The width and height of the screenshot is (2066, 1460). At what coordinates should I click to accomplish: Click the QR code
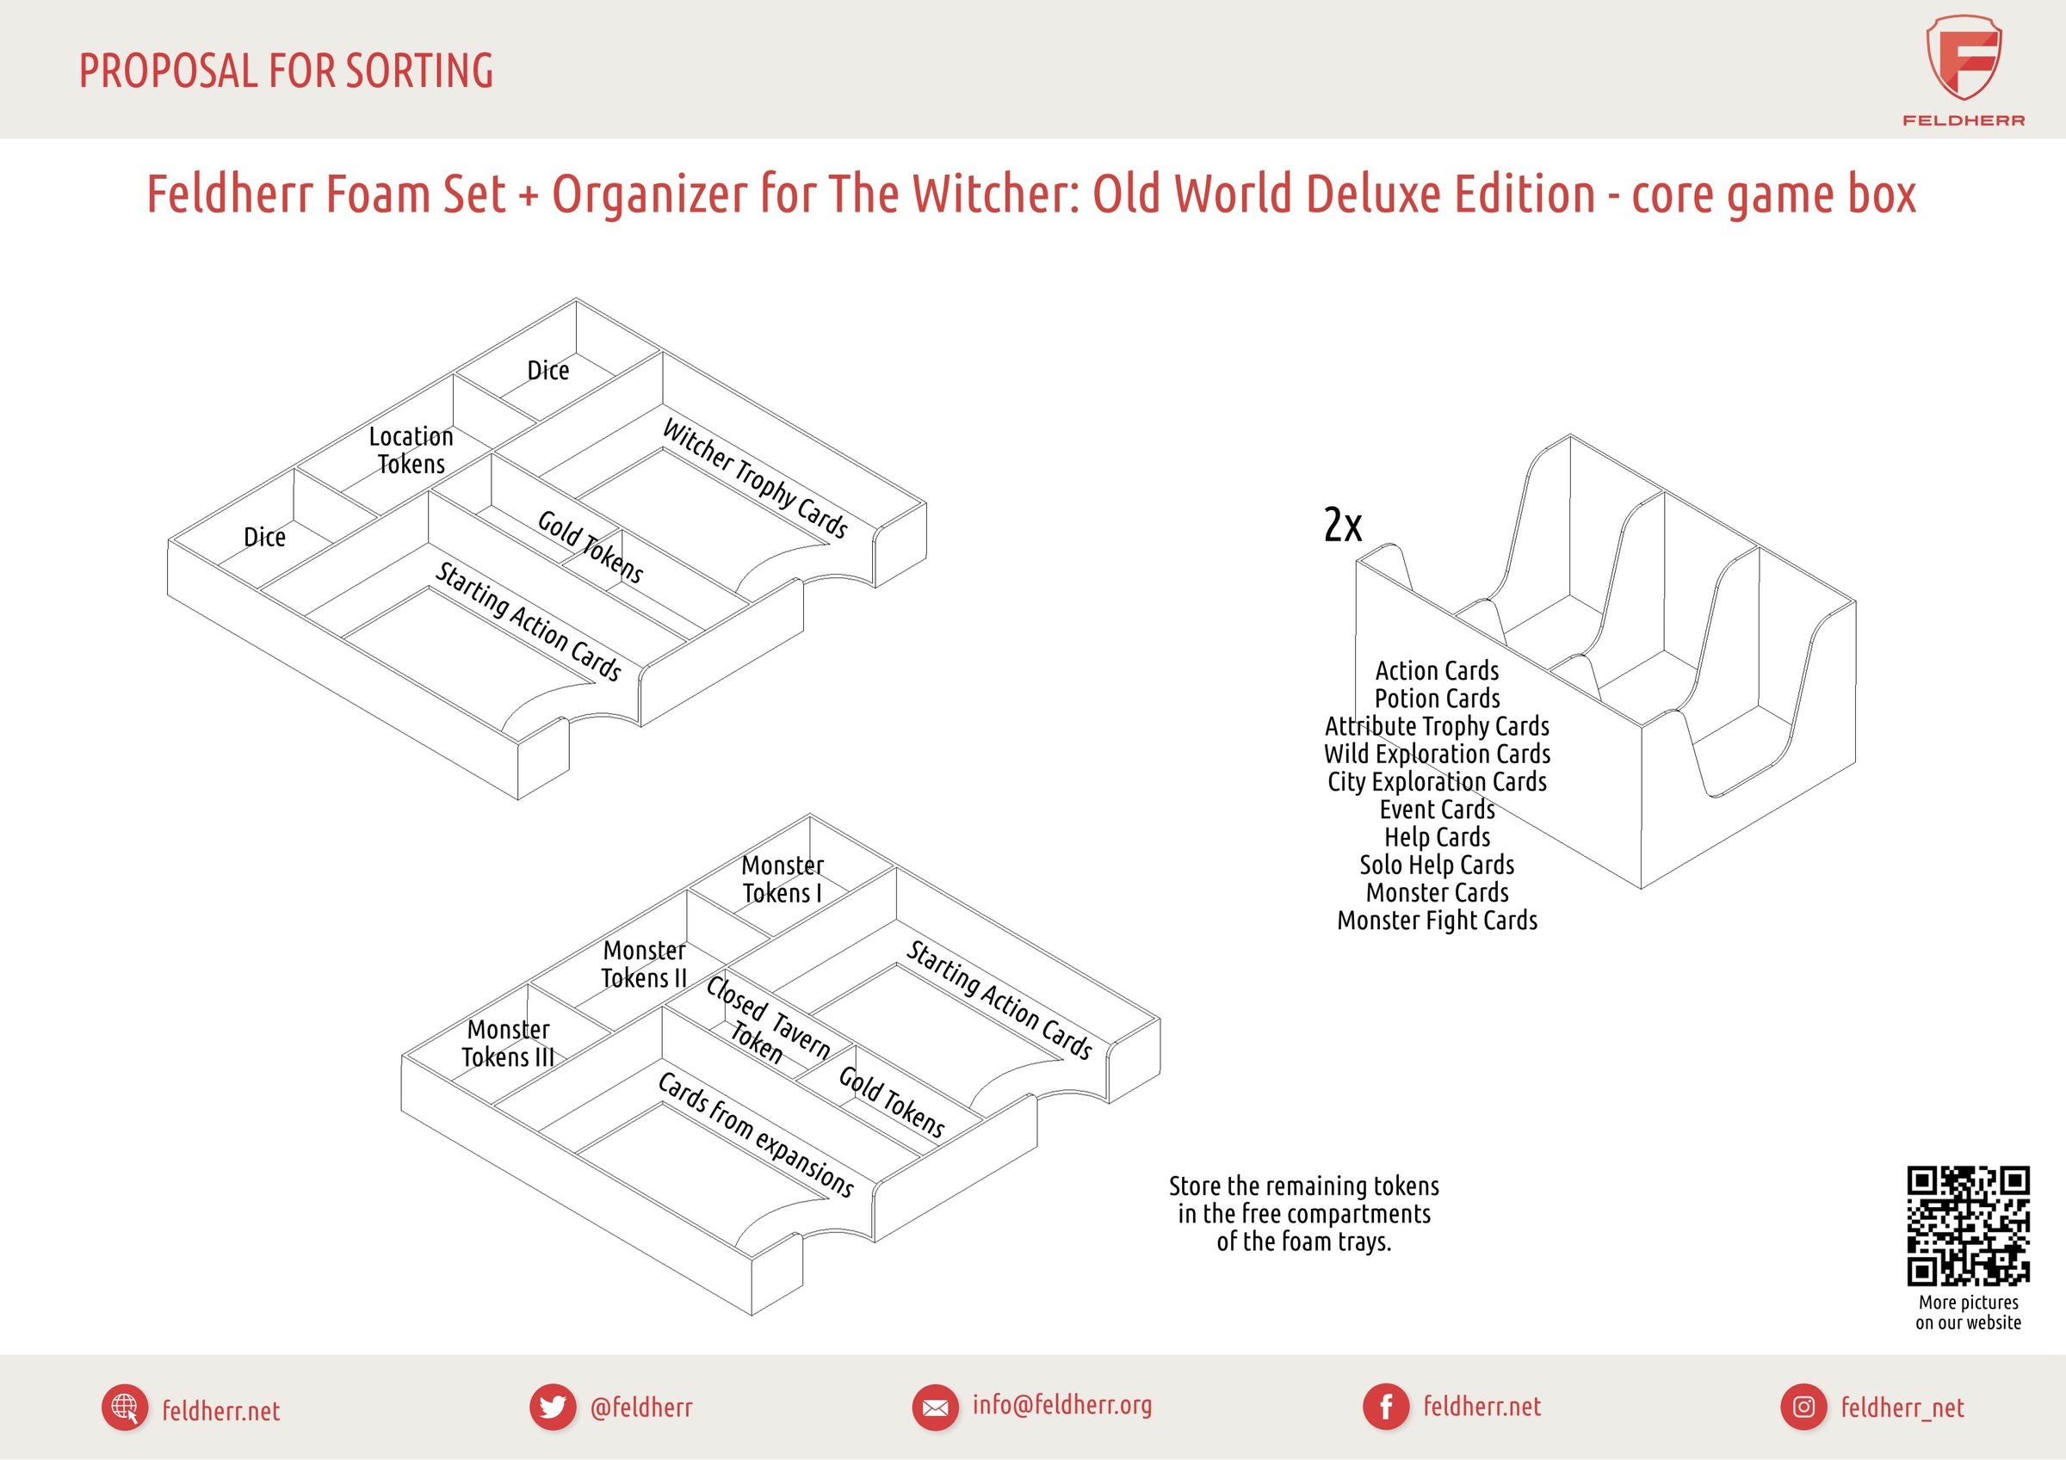(x=1968, y=1225)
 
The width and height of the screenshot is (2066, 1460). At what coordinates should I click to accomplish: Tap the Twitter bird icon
(x=552, y=1407)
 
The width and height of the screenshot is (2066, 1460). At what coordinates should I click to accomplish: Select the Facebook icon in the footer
(x=1386, y=1407)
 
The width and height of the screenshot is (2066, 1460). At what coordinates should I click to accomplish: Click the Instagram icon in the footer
(x=1803, y=1407)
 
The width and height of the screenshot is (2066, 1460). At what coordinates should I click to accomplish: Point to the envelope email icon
(x=935, y=1407)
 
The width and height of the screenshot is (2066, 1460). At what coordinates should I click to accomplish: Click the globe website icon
(x=124, y=1407)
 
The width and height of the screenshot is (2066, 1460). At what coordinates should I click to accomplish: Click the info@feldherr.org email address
(x=1061, y=1404)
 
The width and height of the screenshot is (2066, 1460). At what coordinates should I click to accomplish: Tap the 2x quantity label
(x=1343, y=525)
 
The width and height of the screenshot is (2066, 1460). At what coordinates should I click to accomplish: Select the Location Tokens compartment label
(x=411, y=450)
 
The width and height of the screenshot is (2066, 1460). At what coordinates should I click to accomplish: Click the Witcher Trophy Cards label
(x=754, y=477)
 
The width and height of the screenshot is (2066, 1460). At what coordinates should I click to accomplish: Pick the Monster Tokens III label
(x=509, y=1043)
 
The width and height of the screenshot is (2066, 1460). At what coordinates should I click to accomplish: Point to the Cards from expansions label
(x=755, y=1134)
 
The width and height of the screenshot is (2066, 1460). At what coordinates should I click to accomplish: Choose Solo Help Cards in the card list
(x=1437, y=865)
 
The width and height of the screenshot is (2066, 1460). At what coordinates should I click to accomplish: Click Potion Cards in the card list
(x=1437, y=698)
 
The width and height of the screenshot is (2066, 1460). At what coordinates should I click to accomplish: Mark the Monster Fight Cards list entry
(x=1437, y=921)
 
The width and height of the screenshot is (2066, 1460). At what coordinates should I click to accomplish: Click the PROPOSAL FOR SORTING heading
(x=286, y=71)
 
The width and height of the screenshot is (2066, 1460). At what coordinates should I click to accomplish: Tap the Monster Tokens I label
(x=782, y=879)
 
